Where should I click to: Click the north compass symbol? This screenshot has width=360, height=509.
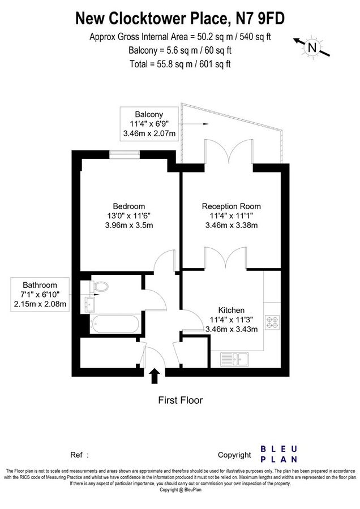311,48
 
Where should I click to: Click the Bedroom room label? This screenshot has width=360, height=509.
129,206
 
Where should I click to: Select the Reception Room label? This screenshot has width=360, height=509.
231,206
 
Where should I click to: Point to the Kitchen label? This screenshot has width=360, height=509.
231,310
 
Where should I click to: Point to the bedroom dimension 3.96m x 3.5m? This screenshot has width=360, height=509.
129,225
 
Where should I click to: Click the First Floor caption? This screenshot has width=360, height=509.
179,400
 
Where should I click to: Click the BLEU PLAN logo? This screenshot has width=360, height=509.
278,454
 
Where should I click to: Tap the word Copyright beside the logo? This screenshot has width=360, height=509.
234,455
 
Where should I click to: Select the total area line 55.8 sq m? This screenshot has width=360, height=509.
179,64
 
